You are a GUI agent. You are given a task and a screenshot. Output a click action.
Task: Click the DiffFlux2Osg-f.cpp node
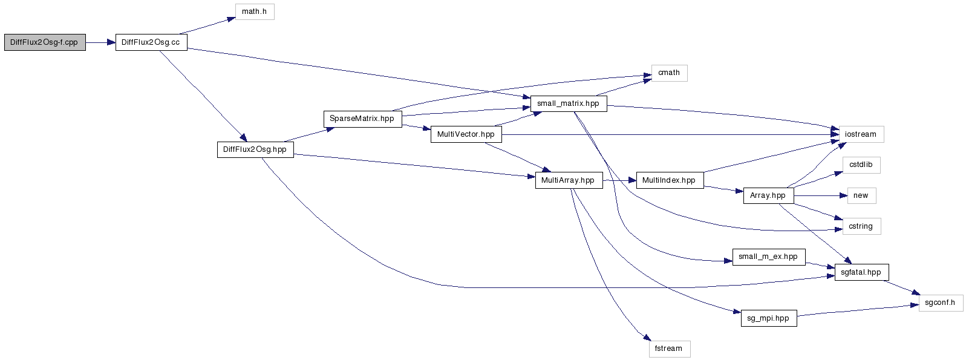(45, 42)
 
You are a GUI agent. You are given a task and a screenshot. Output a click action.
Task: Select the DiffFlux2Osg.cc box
(151, 42)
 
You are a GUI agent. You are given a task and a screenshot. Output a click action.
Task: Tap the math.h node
(255, 11)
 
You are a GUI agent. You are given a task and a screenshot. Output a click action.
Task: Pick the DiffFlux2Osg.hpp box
(255, 149)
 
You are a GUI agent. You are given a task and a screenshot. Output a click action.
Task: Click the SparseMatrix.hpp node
(362, 119)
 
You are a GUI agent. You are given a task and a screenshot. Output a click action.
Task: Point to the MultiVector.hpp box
(466, 134)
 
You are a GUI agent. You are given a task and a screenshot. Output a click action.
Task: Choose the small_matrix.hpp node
(568, 103)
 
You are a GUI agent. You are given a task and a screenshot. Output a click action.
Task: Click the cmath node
(669, 73)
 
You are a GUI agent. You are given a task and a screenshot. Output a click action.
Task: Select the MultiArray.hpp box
(568, 180)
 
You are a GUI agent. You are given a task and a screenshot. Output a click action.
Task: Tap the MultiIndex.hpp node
(669, 180)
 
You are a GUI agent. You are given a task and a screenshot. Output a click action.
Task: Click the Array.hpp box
(768, 195)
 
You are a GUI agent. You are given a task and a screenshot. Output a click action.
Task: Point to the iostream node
(861, 134)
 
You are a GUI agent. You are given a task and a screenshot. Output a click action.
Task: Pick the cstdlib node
(861, 165)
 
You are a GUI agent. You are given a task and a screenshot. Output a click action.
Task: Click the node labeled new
(861, 195)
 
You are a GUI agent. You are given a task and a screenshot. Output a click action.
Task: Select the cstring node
(861, 226)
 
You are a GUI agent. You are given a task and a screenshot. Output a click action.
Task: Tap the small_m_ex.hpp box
(768, 257)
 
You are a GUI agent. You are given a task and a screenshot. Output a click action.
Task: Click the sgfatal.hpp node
(861, 272)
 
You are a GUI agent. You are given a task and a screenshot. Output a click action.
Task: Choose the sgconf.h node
(941, 303)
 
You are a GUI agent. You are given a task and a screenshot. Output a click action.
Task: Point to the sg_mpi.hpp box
(768, 318)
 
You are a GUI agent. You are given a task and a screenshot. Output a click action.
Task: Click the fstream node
(669, 349)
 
